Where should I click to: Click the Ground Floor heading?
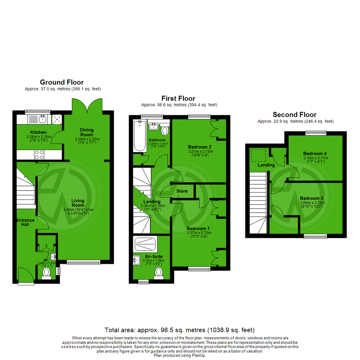point(62,82)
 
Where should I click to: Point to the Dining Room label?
point(87,132)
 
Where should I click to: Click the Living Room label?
point(78,203)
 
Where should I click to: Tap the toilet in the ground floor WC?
point(46,273)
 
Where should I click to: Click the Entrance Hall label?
point(26,222)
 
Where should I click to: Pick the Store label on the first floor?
point(182,191)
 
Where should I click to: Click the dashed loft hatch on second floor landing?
point(258,155)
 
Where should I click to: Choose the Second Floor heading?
point(294,114)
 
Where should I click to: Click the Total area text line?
point(180,330)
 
